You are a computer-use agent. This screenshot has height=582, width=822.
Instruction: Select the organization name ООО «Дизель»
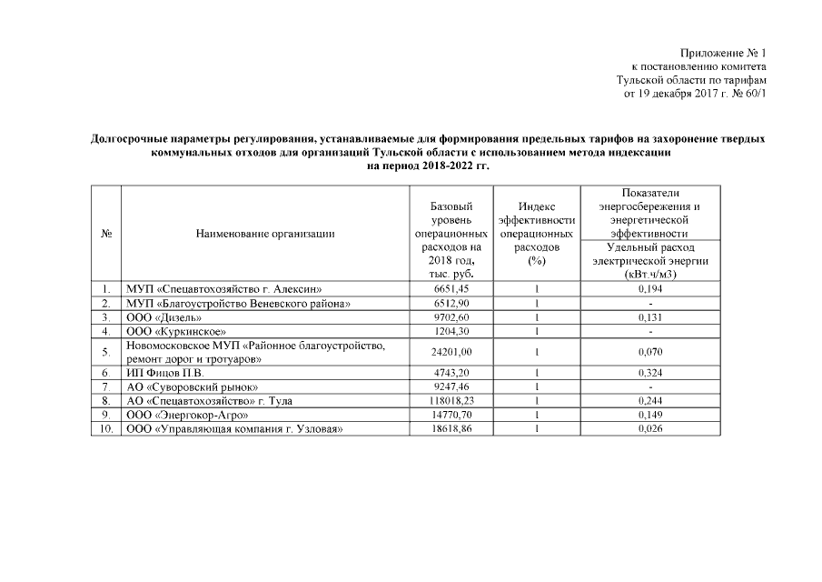pos(163,317)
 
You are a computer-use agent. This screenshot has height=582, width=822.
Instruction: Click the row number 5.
pos(106,352)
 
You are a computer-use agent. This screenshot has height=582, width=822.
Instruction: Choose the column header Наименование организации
pos(265,234)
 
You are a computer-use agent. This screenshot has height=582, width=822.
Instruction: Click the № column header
pos(106,234)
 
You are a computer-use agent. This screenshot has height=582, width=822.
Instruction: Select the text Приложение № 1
pos(723,54)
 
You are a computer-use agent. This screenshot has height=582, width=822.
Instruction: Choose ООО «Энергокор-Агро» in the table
pos(188,415)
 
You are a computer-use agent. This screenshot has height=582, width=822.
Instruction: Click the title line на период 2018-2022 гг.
pos(427,166)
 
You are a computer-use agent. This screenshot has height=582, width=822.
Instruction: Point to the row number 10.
pos(106,428)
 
